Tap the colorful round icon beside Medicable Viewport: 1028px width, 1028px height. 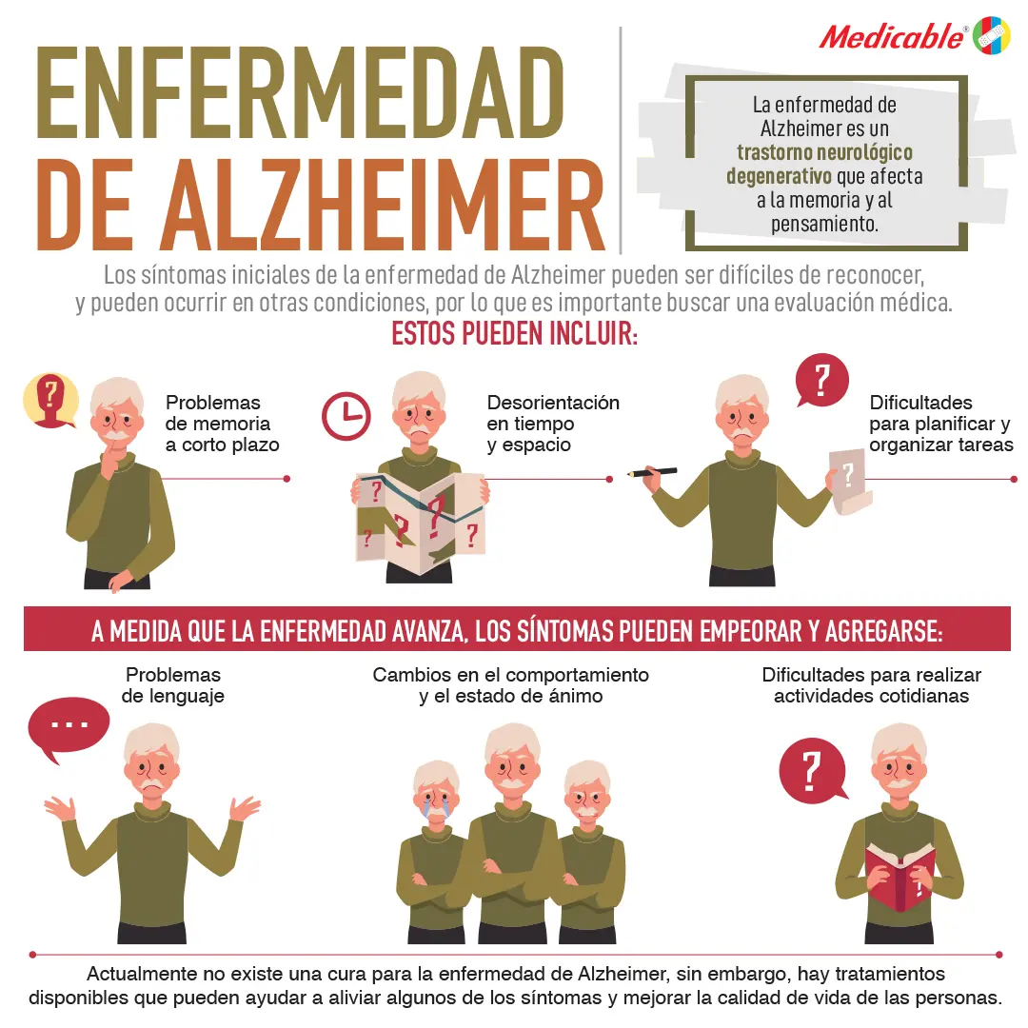point(991,35)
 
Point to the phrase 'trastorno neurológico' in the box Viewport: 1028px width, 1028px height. point(824,152)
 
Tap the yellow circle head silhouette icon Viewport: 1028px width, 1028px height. point(50,400)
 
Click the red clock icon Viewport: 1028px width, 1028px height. point(346,416)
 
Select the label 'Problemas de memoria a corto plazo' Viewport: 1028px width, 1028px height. point(222,424)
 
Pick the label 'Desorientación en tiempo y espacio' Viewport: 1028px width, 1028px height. point(552,424)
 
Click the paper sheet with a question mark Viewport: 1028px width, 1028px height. point(848,481)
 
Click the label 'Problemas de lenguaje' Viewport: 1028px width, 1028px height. point(173,685)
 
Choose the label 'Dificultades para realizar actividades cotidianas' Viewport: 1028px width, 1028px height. point(871,685)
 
